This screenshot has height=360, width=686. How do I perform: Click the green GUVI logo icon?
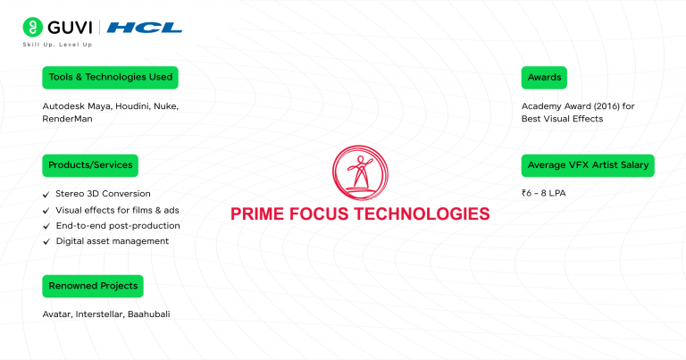[x=34, y=28]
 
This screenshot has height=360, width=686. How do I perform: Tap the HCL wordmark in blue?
[x=155, y=28]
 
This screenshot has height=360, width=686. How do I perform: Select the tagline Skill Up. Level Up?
[x=57, y=45]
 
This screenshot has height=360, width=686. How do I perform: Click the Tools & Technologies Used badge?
[x=110, y=78]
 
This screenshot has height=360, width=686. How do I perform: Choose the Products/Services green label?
[x=90, y=165]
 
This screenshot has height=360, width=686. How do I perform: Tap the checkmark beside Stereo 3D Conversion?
[x=46, y=194]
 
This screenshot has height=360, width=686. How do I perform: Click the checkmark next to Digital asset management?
[x=46, y=241]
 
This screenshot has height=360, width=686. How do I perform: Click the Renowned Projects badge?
[x=93, y=286]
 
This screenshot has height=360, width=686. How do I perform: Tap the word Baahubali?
[x=148, y=314]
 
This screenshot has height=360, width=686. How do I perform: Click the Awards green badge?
[x=543, y=78]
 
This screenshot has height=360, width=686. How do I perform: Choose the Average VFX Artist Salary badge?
[x=587, y=165]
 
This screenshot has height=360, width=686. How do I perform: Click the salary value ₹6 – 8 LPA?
[x=548, y=193]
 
